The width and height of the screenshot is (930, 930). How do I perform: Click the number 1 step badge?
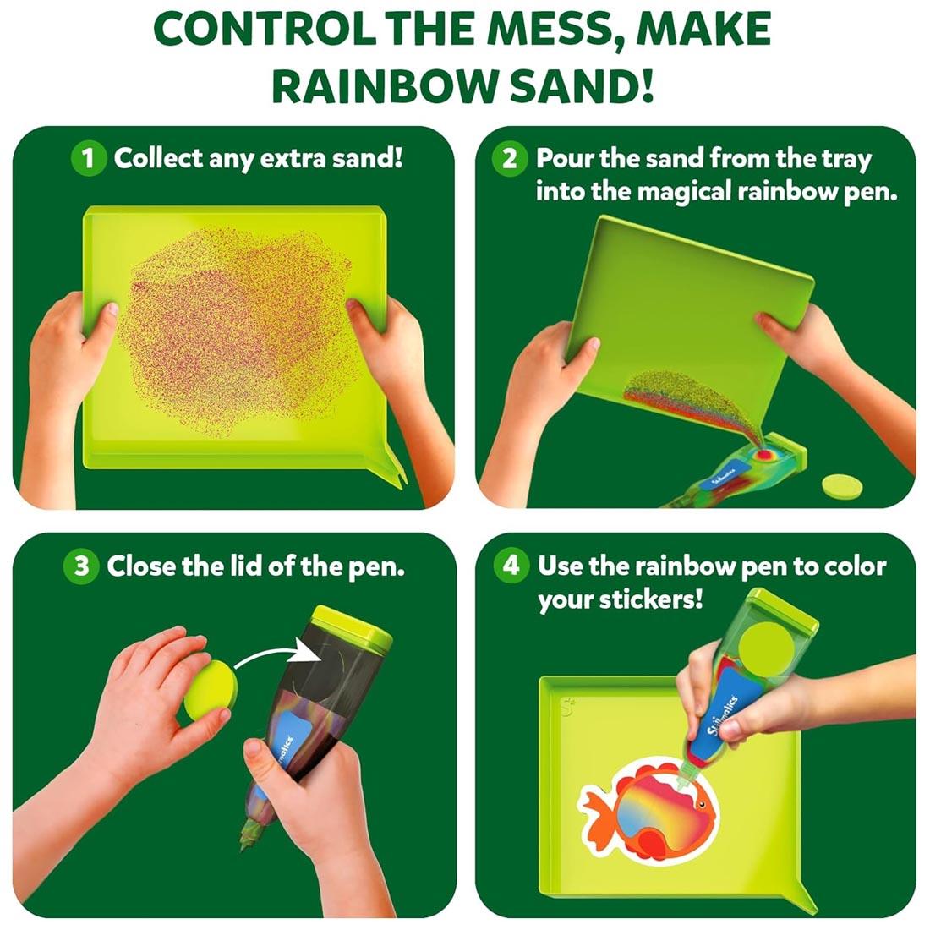[x=89, y=158]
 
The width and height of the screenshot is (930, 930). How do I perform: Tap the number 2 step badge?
[x=510, y=158]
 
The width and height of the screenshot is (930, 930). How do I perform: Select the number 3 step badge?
[x=81, y=566]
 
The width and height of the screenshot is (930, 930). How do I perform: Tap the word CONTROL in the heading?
[x=263, y=29]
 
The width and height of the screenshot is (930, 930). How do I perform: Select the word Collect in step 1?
[x=158, y=158]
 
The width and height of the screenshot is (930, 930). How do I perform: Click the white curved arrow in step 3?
[x=277, y=656]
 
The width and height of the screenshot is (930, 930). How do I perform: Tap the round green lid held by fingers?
[x=210, y=691]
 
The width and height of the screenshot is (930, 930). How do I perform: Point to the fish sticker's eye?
[x=701, y=804]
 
